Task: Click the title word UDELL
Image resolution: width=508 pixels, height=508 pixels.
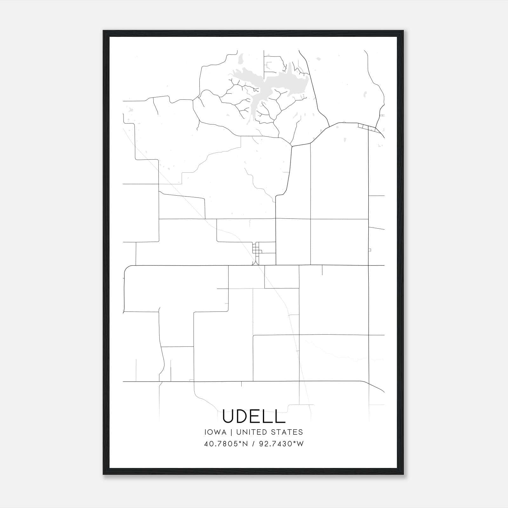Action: [254, 416]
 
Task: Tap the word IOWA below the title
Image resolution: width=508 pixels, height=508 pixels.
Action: [215, 432]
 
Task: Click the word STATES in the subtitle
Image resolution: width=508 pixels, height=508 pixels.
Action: [287, 432]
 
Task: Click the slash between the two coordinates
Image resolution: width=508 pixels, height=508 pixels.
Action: [253, 444]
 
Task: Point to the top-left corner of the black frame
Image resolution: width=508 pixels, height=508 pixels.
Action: [104, 31]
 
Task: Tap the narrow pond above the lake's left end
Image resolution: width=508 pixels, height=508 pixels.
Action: [240, 58]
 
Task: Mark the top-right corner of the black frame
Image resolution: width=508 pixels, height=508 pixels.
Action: [403, 31]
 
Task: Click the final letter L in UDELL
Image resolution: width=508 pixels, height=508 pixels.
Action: [281, 416]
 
